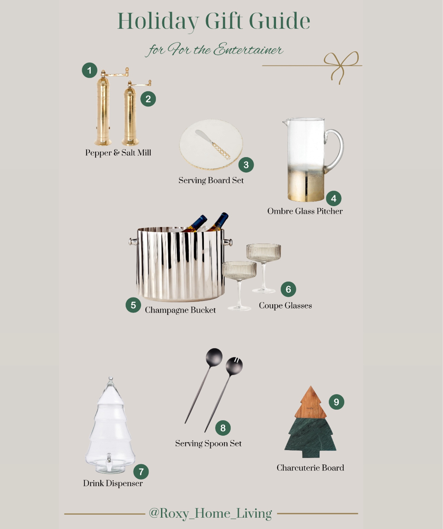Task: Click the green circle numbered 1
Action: tap(89, 70)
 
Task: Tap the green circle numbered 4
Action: tap(334, 198)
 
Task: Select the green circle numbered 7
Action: tap(141, 472)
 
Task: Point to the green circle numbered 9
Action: tap(336, 402)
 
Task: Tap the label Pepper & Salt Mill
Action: tap(118, 153)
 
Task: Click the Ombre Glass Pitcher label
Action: tap(305, 211)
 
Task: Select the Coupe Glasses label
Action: tap(285, 306)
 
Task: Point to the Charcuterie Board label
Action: tap(310, 468)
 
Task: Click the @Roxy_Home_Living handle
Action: tap(210, 513)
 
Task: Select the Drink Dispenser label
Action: tap(113, 483)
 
